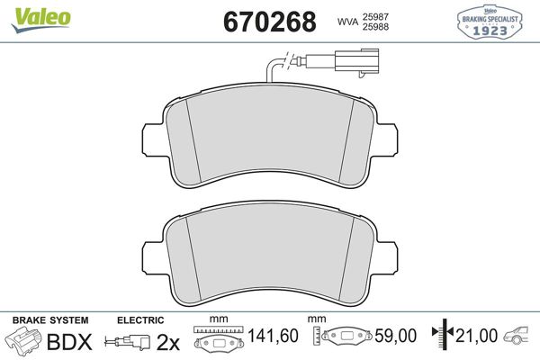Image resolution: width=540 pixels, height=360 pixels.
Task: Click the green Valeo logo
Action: (x=41, y=20)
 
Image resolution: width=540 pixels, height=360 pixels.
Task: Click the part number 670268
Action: (x=270, y=22)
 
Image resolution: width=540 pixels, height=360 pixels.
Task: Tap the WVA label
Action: (x=347, y=22)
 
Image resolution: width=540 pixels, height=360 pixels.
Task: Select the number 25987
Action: (x=375, y=16)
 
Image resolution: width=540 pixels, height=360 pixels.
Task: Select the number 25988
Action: (x=375, y=26)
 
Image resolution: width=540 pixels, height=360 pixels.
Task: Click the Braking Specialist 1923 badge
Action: (x=490, y=22)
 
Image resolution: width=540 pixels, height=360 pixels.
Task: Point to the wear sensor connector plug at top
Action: (x=356, y=63)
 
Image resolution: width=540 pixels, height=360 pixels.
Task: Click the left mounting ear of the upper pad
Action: (x=152, y=139)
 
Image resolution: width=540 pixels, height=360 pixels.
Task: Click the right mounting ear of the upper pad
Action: (x=387, y=139)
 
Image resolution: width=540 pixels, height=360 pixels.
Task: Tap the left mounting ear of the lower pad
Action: (x=152, y=256)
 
